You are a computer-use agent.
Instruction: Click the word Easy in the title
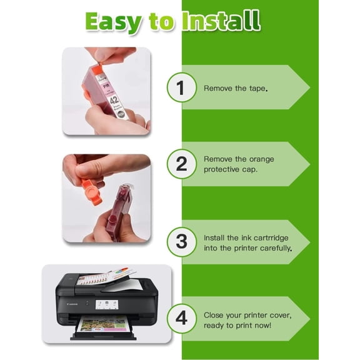(x=113, y=22)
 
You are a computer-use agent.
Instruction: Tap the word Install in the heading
(x=221, y=21)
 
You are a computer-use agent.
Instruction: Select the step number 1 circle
(x=182, y=87)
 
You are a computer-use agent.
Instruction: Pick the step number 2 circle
(x=182, y=164)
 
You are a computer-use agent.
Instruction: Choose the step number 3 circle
(x=182, y=242)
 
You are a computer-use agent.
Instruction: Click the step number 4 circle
(x=182, y=319)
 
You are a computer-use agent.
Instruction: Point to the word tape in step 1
(x=257, y=89)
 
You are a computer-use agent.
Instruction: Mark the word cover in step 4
(x=281, y=315)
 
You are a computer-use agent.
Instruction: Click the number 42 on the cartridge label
(x=114, y=100)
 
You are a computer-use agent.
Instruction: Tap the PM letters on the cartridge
(x=106, y=86)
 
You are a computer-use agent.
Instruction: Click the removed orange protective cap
(x=91, y=191)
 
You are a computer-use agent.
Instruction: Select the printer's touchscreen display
(x=106, y=304)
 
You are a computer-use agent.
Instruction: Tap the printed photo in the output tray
(x=102, y=324)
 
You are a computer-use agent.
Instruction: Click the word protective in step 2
(x=221, y=169)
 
